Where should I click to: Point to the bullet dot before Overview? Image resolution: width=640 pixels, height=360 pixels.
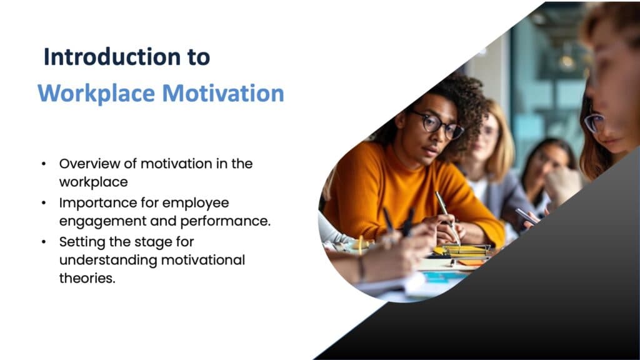click(43, 164)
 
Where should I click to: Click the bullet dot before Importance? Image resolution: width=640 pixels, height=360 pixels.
click(43, 203)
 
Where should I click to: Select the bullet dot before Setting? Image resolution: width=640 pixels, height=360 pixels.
click(43, 241)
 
